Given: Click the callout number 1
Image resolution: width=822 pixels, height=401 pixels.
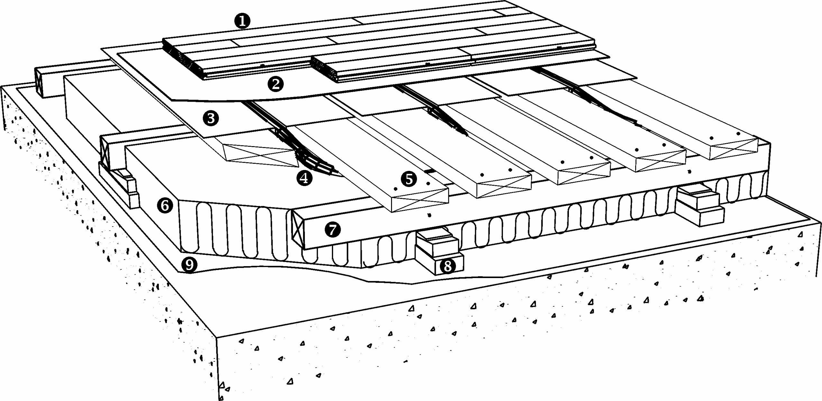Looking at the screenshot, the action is tap(242, 21).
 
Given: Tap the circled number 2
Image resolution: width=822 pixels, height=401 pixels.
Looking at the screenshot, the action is tap(276, 84).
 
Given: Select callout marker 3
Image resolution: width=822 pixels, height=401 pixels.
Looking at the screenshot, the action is tap(211, 118).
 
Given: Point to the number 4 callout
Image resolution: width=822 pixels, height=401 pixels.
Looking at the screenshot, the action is tap(304, 178).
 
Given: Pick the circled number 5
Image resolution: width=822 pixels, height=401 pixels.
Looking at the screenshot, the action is tap(409, 179).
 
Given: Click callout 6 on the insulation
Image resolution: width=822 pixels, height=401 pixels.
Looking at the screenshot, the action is tap(165, 205).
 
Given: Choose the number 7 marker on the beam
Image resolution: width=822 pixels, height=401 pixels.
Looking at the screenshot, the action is tap(333, 230).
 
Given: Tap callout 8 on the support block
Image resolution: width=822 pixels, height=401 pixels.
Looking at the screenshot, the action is tap(447, 266).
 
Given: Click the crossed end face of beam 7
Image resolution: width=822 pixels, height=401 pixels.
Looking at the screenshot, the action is tap(298, 229).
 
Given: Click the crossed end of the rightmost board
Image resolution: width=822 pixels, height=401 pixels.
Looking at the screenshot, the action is tap(734, 149).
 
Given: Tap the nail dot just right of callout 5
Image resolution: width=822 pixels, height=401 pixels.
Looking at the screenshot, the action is tap(428, 184).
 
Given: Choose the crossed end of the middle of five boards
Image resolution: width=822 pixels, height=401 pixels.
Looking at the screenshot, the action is tap(584, 173).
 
